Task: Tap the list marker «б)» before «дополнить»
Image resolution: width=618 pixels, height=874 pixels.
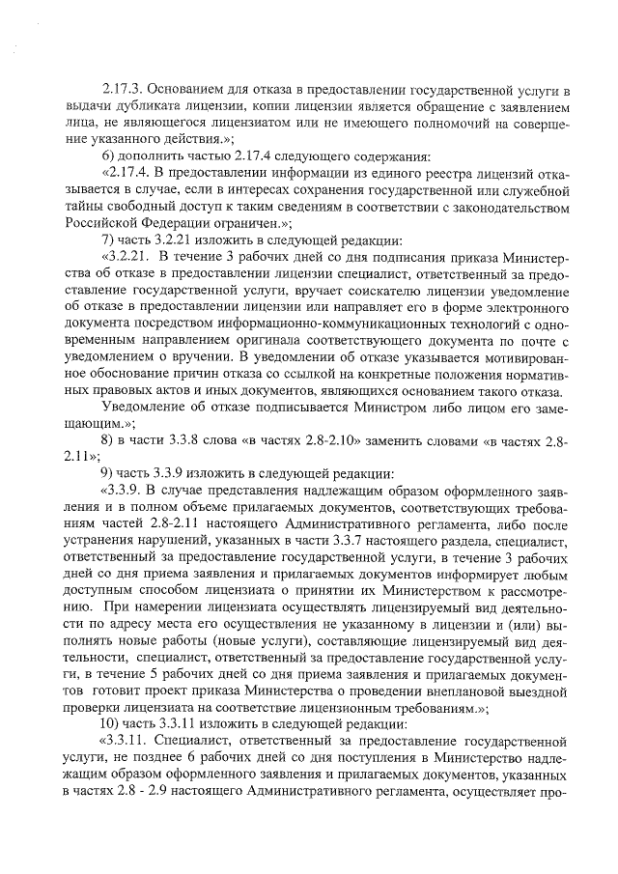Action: tap(109, 156)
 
